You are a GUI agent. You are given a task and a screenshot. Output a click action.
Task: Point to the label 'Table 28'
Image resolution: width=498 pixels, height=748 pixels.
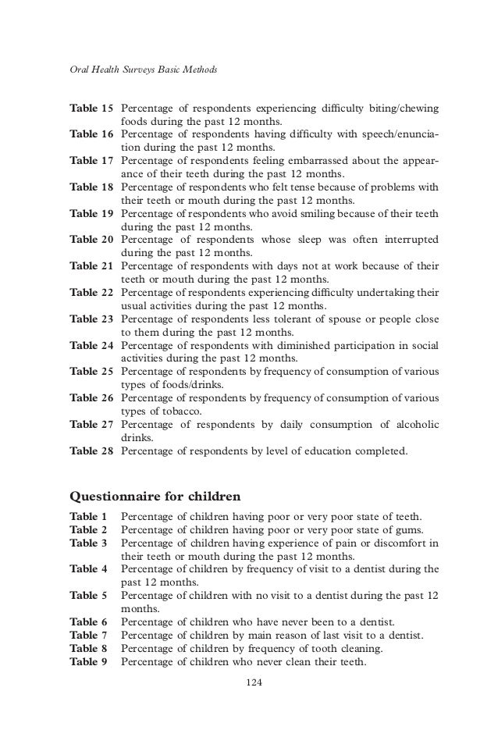click(x=91, y=450)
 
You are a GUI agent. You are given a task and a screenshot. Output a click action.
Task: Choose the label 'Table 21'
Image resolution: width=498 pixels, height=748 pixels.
click(x=91, y=265)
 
